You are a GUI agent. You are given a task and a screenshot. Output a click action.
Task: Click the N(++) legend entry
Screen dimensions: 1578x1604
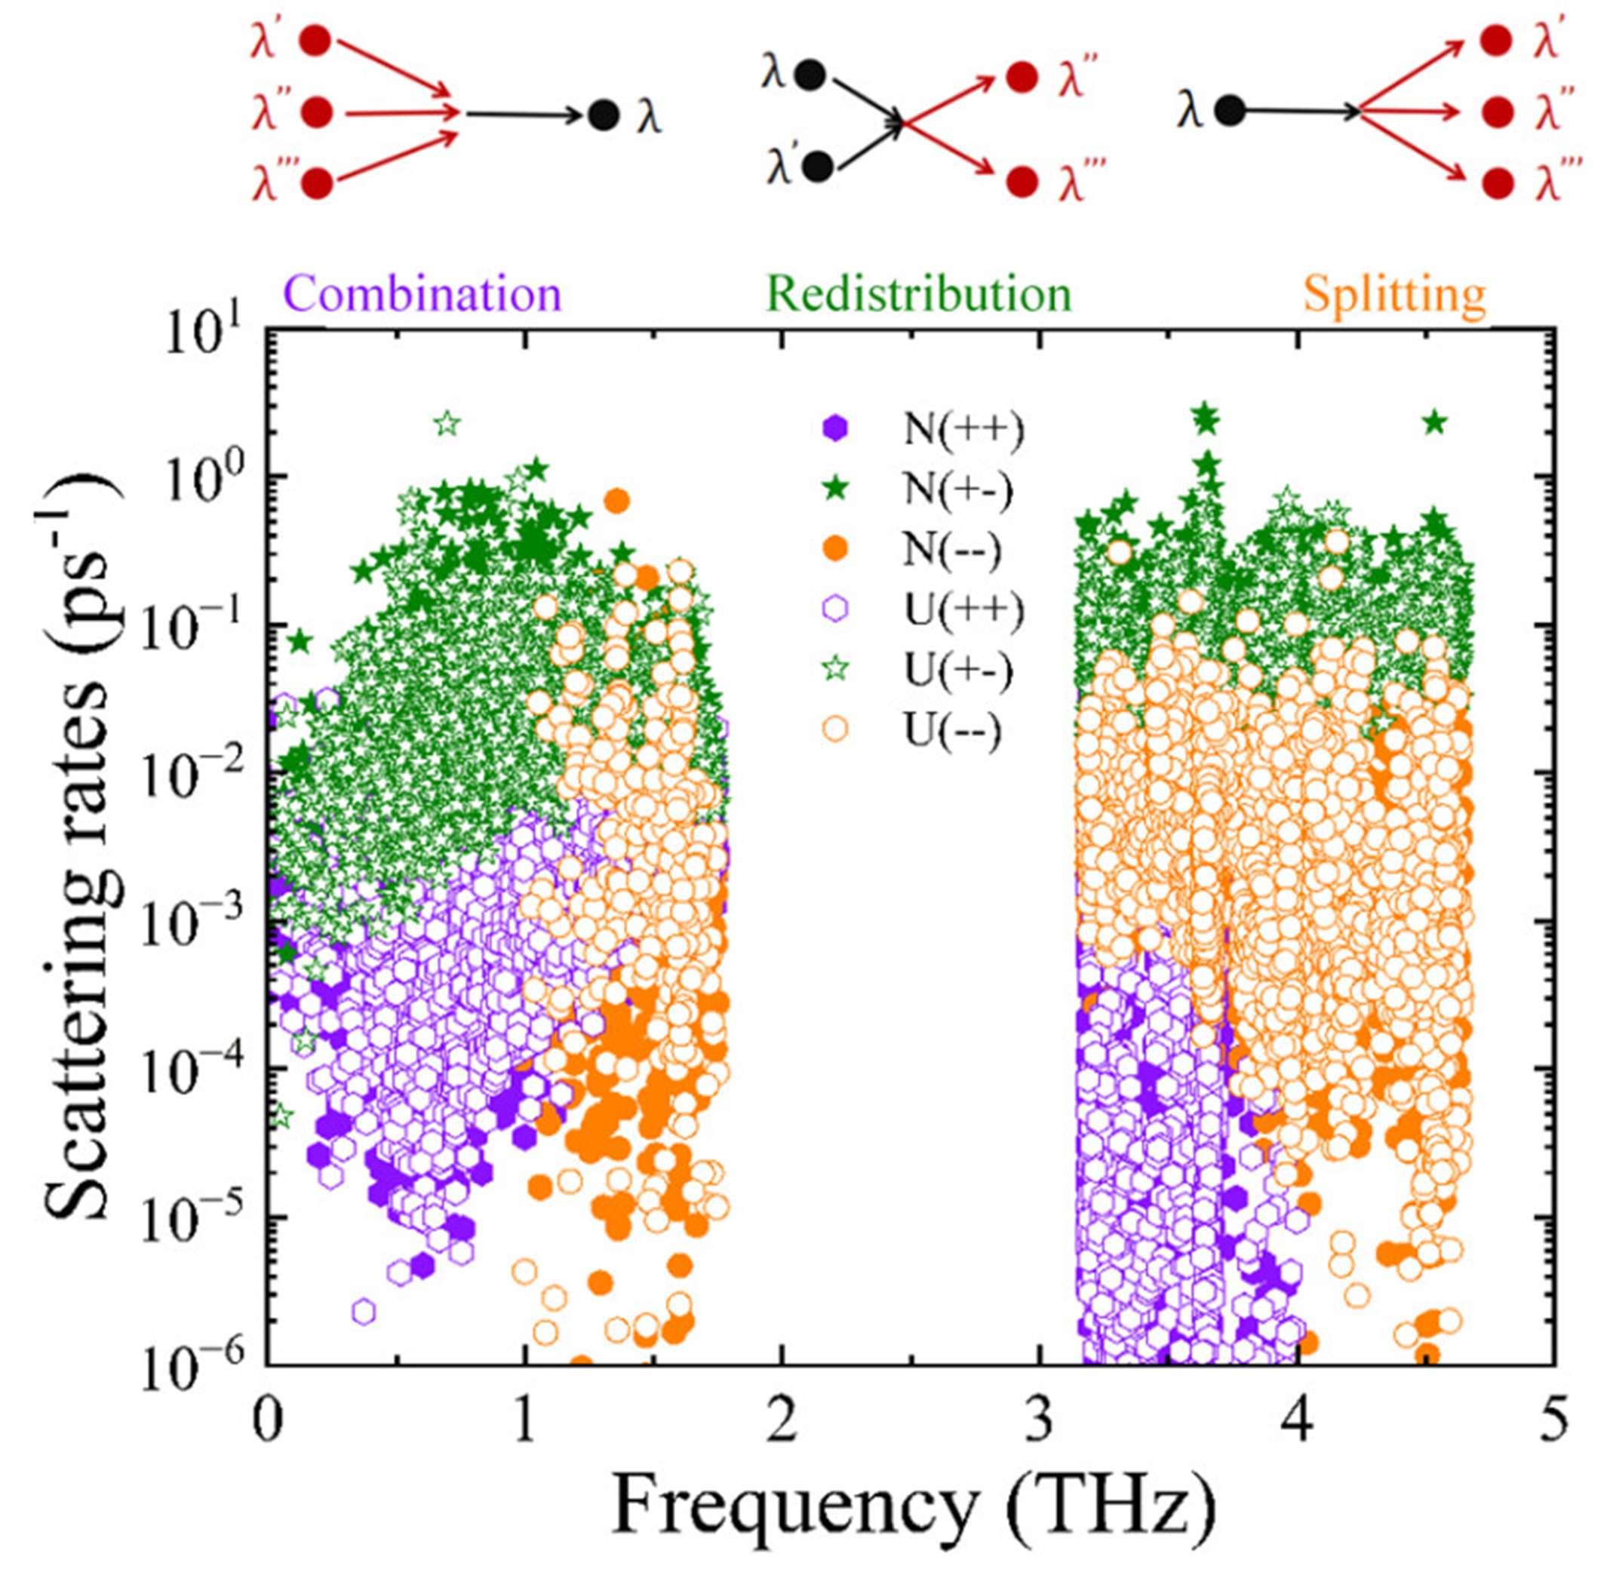point(962,429)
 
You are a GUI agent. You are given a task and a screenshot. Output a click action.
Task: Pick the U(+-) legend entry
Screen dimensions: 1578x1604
point(958,671)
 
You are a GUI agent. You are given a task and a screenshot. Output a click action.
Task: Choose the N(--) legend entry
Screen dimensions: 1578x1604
point(951,549)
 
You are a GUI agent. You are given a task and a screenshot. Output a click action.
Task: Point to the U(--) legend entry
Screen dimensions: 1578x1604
point(951,731)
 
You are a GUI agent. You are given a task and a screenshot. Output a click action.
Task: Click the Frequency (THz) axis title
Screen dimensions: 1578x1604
point(912,1507)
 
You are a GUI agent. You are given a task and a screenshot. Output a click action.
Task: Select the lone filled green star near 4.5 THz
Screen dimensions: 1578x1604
point(1435,423)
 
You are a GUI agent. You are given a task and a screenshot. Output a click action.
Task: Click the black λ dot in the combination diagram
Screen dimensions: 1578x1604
point(603,115)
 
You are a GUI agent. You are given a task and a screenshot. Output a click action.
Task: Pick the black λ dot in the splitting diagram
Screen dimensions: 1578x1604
point(1229,110)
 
